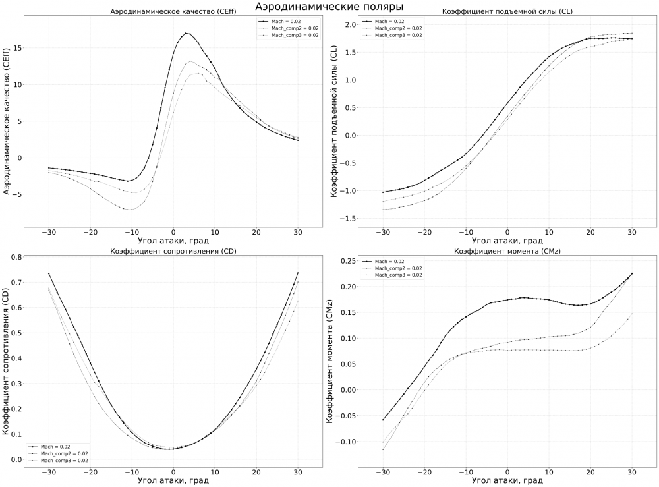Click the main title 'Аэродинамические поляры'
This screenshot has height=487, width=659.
(329, 7)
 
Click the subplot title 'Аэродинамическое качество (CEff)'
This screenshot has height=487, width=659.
(173, 13)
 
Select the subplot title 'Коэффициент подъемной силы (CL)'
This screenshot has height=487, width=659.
(507, 13)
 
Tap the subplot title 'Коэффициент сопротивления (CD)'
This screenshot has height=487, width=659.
(173, 251)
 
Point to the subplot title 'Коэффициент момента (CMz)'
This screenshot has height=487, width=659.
(507, 251)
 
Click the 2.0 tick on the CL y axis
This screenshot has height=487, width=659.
(349, 25)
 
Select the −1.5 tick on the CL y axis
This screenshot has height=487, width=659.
(347, 219)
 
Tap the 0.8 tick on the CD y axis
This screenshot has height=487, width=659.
(14, 257)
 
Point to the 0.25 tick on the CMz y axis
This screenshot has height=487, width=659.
(345, 261)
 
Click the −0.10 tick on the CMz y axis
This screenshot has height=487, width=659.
(343, 442)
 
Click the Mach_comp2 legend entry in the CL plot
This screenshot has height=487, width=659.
(398, 28)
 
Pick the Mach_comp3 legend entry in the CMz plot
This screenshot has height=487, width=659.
(398, 273)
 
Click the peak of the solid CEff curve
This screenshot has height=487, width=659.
(187, 33)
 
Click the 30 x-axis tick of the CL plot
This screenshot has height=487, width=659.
(631, 232)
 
